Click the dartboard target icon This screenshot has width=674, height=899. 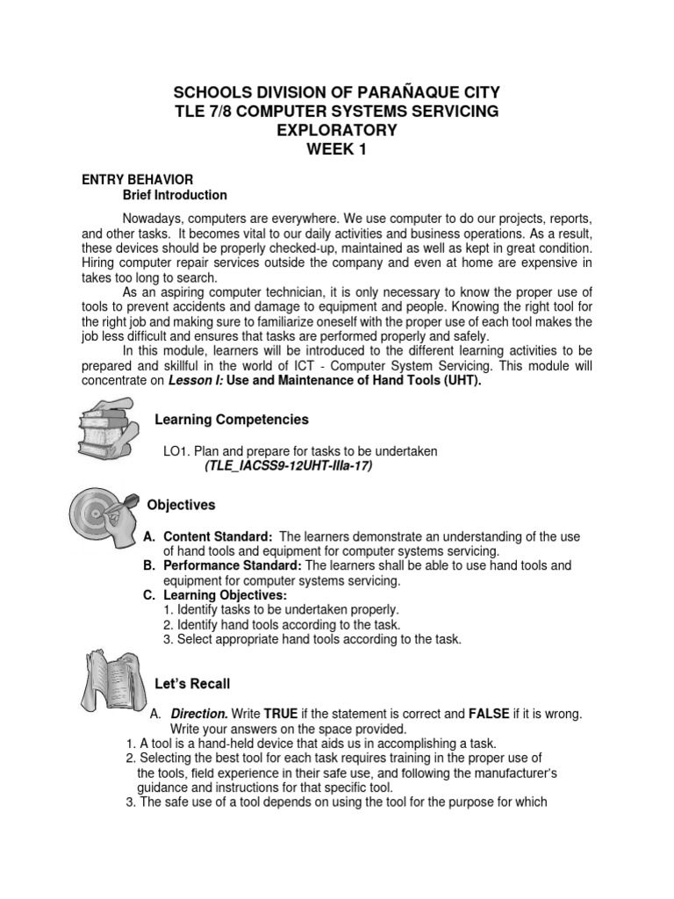[x=100, y=519]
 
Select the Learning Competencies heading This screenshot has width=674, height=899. [x=231, y=419]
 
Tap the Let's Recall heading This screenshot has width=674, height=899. [x=192, y=682]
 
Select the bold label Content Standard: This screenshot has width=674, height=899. [x=218, y=536]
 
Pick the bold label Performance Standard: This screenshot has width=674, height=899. [x=233, y=566]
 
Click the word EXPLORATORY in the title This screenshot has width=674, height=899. [x=337, y=130]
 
